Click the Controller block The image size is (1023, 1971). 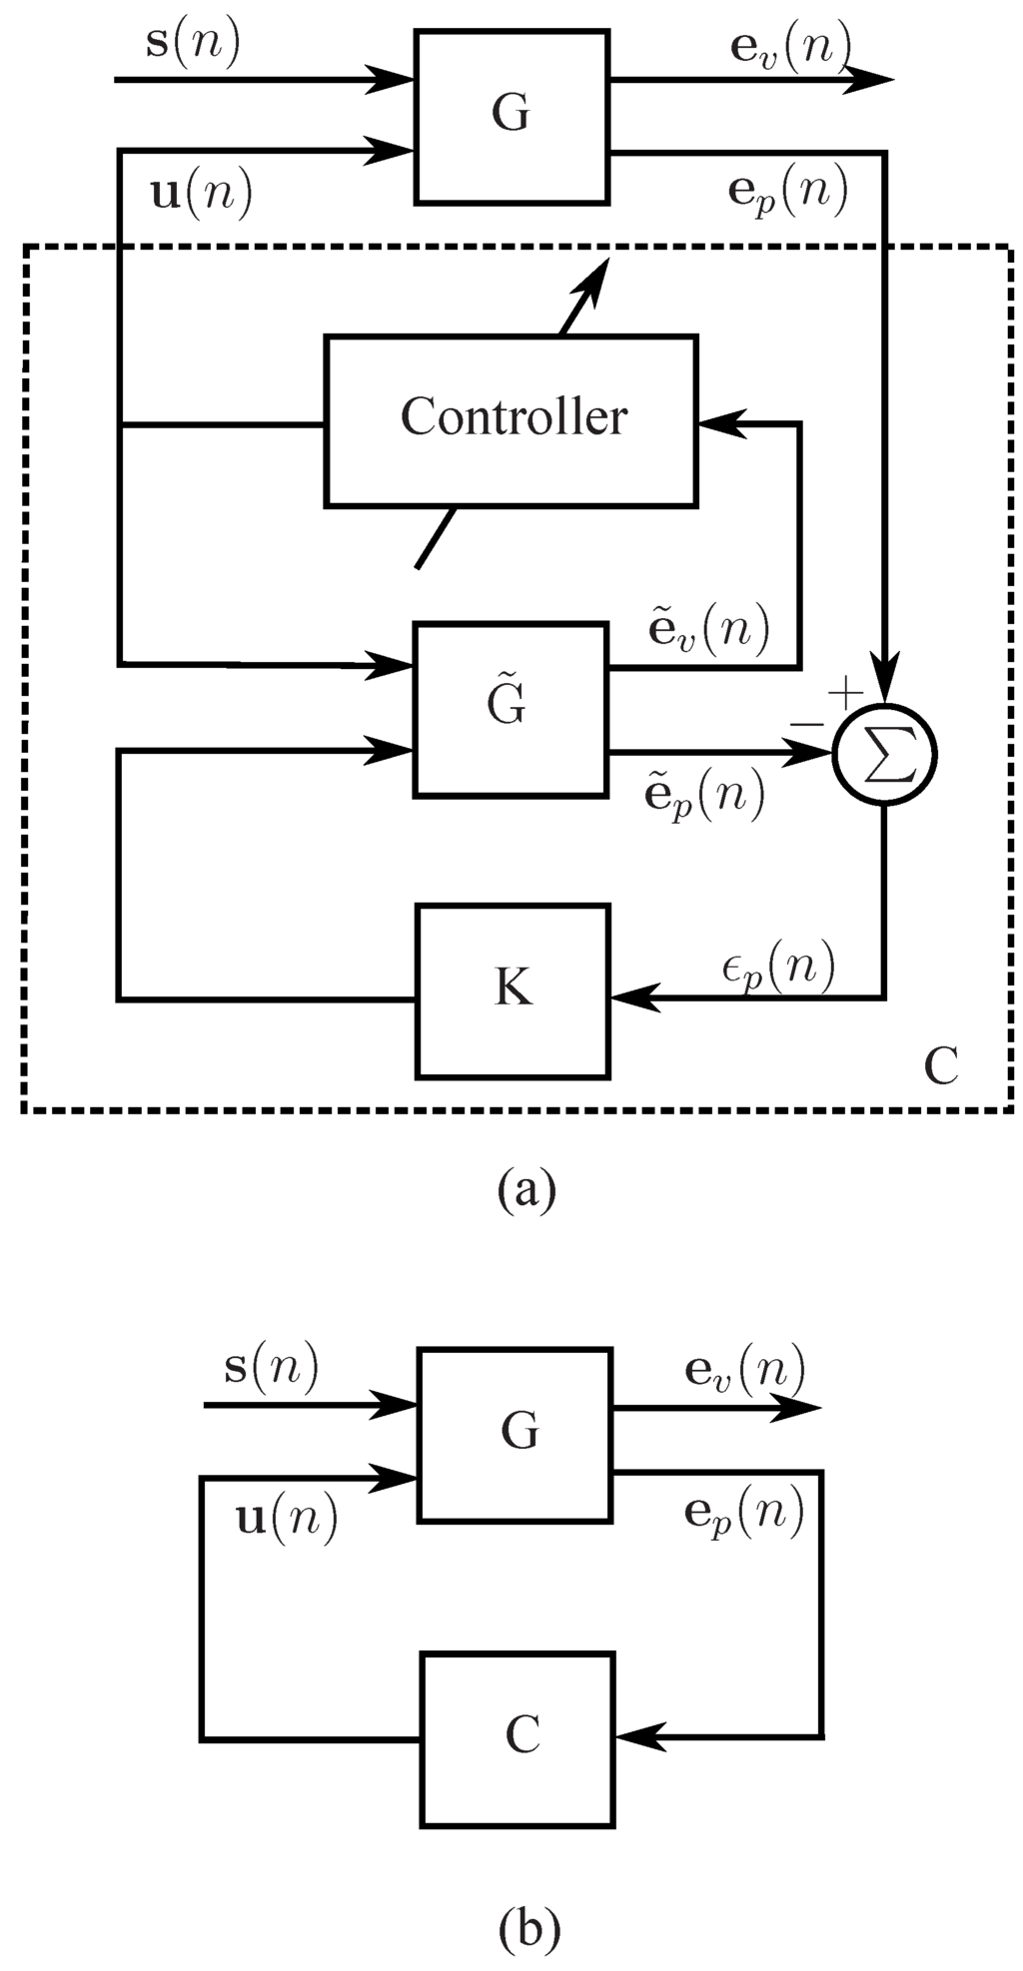pos(511,419)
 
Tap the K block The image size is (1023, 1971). pos(512,990)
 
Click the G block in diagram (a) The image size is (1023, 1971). pos(511,117)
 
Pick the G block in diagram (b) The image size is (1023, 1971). pos(515,1435)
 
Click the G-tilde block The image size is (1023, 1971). pos(511,709)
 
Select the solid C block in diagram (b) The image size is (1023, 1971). pos(517,1738)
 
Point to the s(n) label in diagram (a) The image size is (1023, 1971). pos(193,45)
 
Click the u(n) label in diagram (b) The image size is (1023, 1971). pos(286,1519)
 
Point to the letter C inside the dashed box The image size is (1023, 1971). pos(940,1066)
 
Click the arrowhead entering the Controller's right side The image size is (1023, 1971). pos(717,423)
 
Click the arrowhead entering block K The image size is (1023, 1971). pos(631,996)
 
